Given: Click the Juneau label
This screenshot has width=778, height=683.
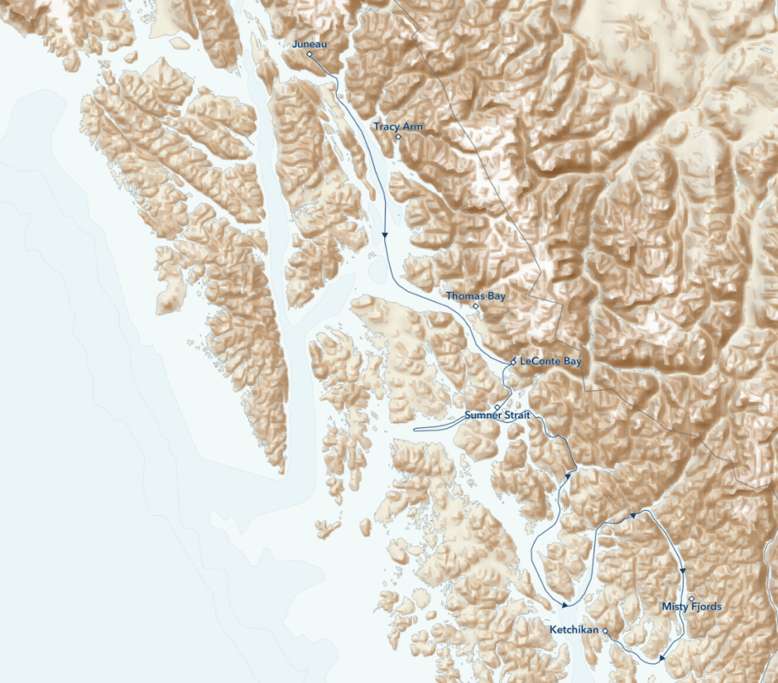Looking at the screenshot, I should point(309,44).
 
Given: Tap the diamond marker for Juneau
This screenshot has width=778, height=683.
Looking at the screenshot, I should point(310,55).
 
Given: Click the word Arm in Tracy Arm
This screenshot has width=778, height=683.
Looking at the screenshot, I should point(413,127).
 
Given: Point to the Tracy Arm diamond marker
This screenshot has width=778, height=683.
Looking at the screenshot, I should point(398,137).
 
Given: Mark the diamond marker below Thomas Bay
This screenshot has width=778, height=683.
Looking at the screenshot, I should point(476,307).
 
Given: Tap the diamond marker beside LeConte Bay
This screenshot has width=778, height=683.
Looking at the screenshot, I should point(514,361).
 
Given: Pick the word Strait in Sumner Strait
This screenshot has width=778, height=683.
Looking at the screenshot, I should point(517,415).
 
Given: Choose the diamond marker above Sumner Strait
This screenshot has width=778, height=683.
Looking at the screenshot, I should point(498,408).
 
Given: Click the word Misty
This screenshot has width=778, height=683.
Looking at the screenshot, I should point(675,606).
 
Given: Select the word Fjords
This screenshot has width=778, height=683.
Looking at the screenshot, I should point(706,606).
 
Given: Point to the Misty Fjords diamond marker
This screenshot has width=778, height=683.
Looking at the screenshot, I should point(691,599).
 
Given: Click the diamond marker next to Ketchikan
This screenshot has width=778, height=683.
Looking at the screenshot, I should point(606,631).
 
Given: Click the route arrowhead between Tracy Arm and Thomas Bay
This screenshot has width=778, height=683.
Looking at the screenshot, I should point(385,234).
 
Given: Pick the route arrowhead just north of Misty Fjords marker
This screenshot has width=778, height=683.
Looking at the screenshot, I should point(683,571).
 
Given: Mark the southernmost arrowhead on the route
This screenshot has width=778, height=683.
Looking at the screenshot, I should point(663,659).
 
